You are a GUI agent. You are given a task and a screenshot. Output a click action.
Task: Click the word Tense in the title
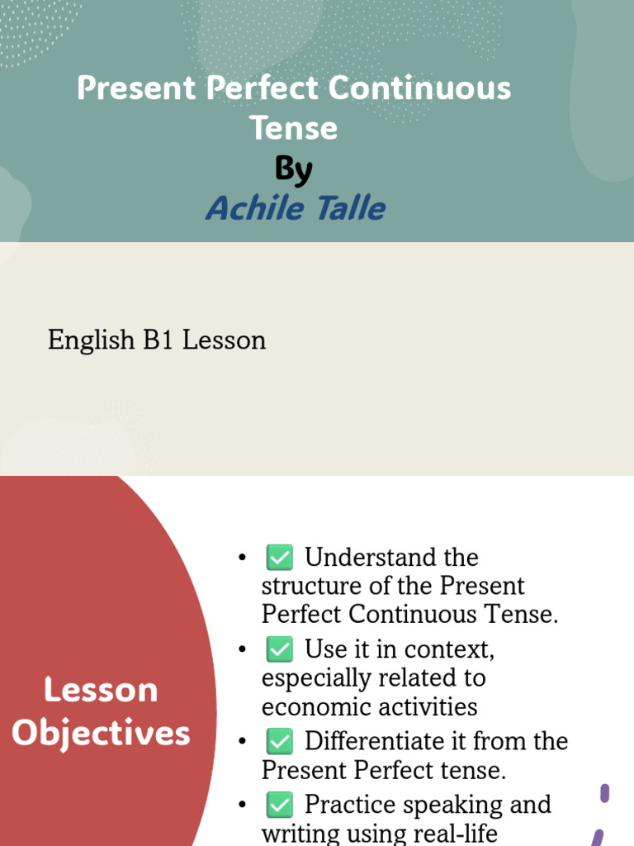[294, 128]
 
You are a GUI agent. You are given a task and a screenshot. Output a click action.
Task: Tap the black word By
[294, 169]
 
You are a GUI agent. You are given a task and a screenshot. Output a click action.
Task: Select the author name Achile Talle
[296, 207]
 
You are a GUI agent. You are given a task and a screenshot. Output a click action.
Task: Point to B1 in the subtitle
[159, 340]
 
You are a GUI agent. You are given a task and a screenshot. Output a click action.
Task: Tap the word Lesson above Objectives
[101, 690]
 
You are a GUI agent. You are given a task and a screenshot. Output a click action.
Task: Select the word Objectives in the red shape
[101, 733]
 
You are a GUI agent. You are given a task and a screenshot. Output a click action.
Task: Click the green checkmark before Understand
[279, 558]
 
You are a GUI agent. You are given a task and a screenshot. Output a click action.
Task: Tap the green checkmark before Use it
[279, 650]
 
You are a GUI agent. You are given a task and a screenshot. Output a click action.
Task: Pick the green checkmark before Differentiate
[279, 741]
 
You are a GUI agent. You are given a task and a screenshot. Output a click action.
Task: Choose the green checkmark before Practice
[279, 804]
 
